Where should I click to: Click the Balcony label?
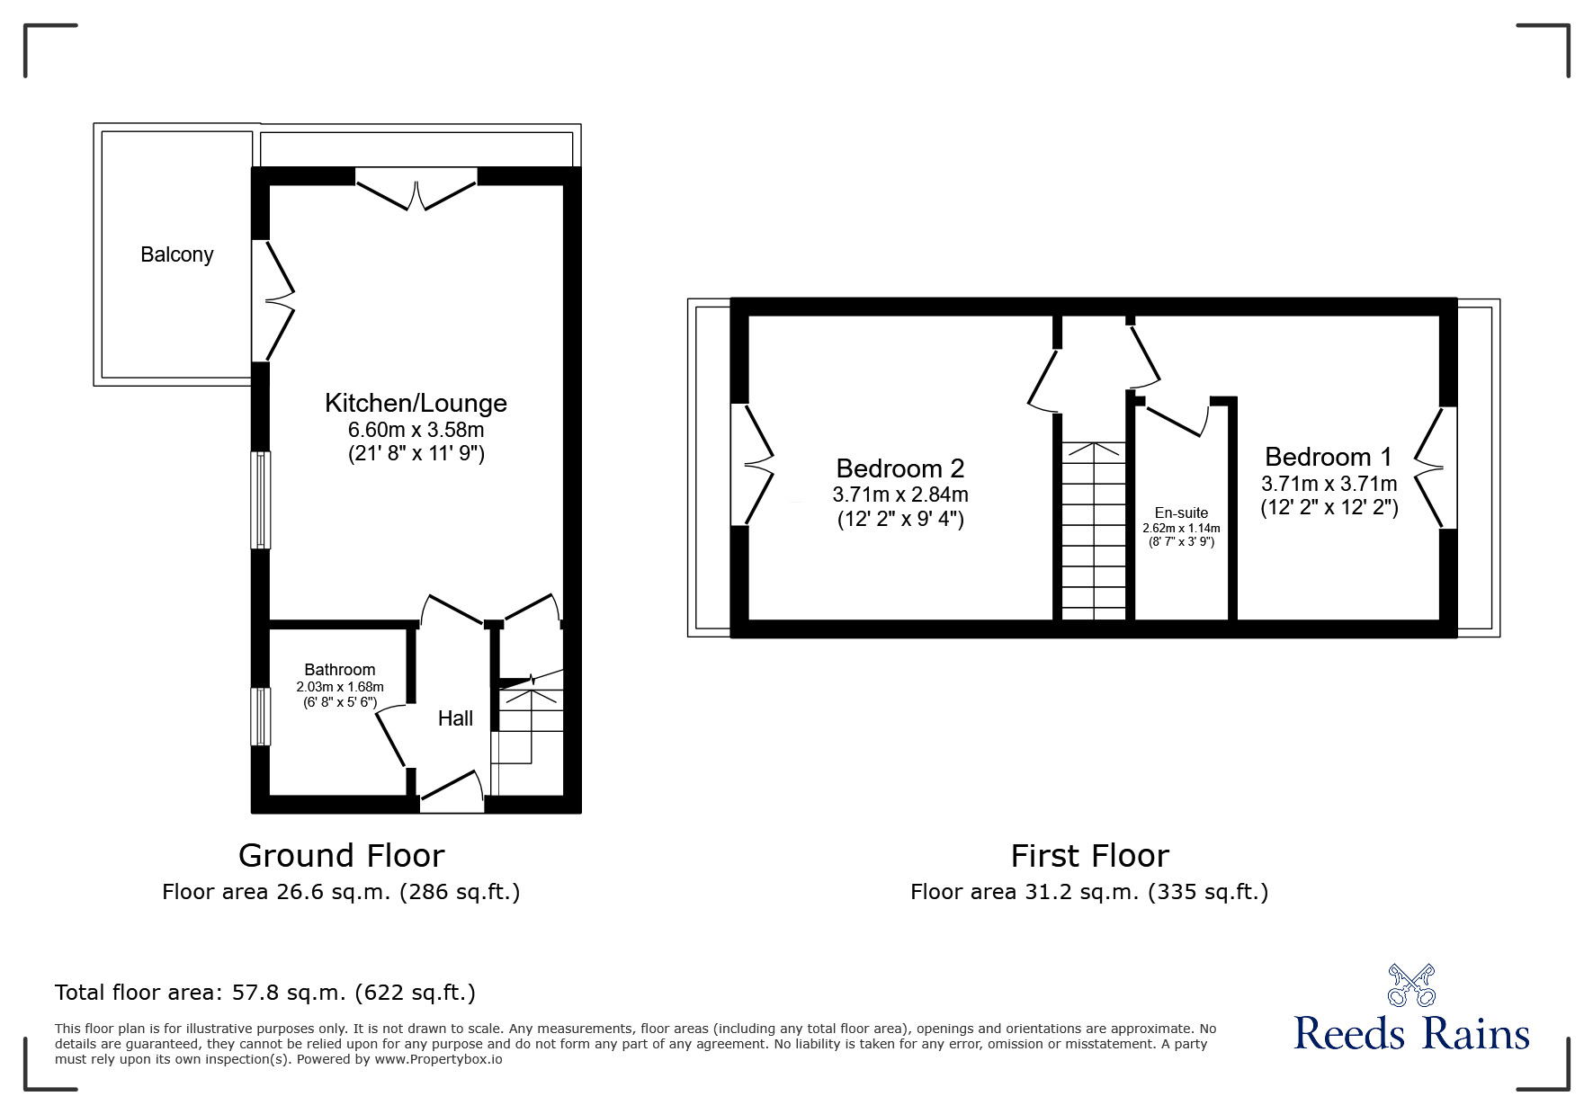click(177, 254)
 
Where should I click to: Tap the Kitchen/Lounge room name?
click(416, 403)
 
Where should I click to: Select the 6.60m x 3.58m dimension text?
click(416, 430)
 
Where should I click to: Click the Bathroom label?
click(340, 670)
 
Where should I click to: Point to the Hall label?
click(456, 718)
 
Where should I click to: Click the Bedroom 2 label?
click(900, 468)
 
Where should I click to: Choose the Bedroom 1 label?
click(1329, 457)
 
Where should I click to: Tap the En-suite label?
click(1182, 513)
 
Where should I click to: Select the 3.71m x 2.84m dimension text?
click(900, 495)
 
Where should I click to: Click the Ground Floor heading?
click(342, 855)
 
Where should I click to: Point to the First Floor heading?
click(1090, 855)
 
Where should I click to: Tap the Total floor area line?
click(265, 993)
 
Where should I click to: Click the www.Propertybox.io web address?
click(438, 1059)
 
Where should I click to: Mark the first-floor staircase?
click(1094, 530)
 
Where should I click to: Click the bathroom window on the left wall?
click(260, 717)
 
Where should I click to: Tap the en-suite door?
click(1177, 419)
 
